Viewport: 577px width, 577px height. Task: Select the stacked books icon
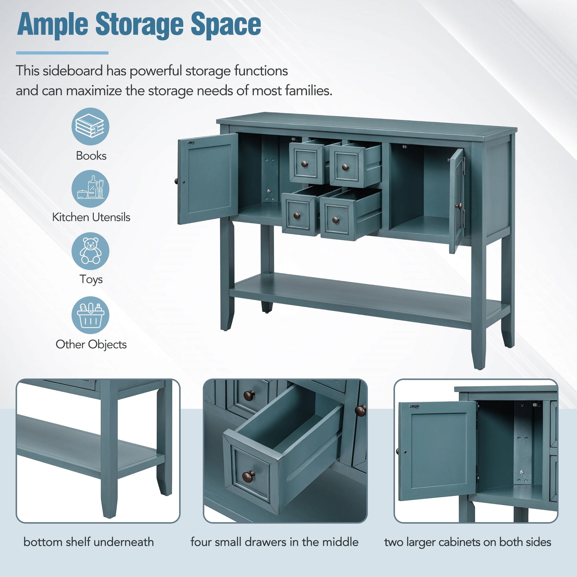90,127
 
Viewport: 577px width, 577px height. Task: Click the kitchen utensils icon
90,189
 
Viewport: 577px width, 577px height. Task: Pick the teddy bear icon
90,251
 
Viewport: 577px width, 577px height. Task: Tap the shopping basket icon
90,315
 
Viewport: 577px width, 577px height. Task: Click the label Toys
91,279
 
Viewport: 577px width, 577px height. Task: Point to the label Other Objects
91,344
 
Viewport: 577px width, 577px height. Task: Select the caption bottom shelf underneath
89,542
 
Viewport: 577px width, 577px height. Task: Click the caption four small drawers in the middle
274,542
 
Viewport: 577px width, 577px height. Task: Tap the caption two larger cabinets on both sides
468,542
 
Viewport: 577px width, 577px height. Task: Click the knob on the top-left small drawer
304,164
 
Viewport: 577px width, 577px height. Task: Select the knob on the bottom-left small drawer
297,215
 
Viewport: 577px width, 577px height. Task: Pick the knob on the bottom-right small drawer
335,220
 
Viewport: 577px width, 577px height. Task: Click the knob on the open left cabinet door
176,181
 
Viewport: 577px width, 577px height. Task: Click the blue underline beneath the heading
62,53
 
